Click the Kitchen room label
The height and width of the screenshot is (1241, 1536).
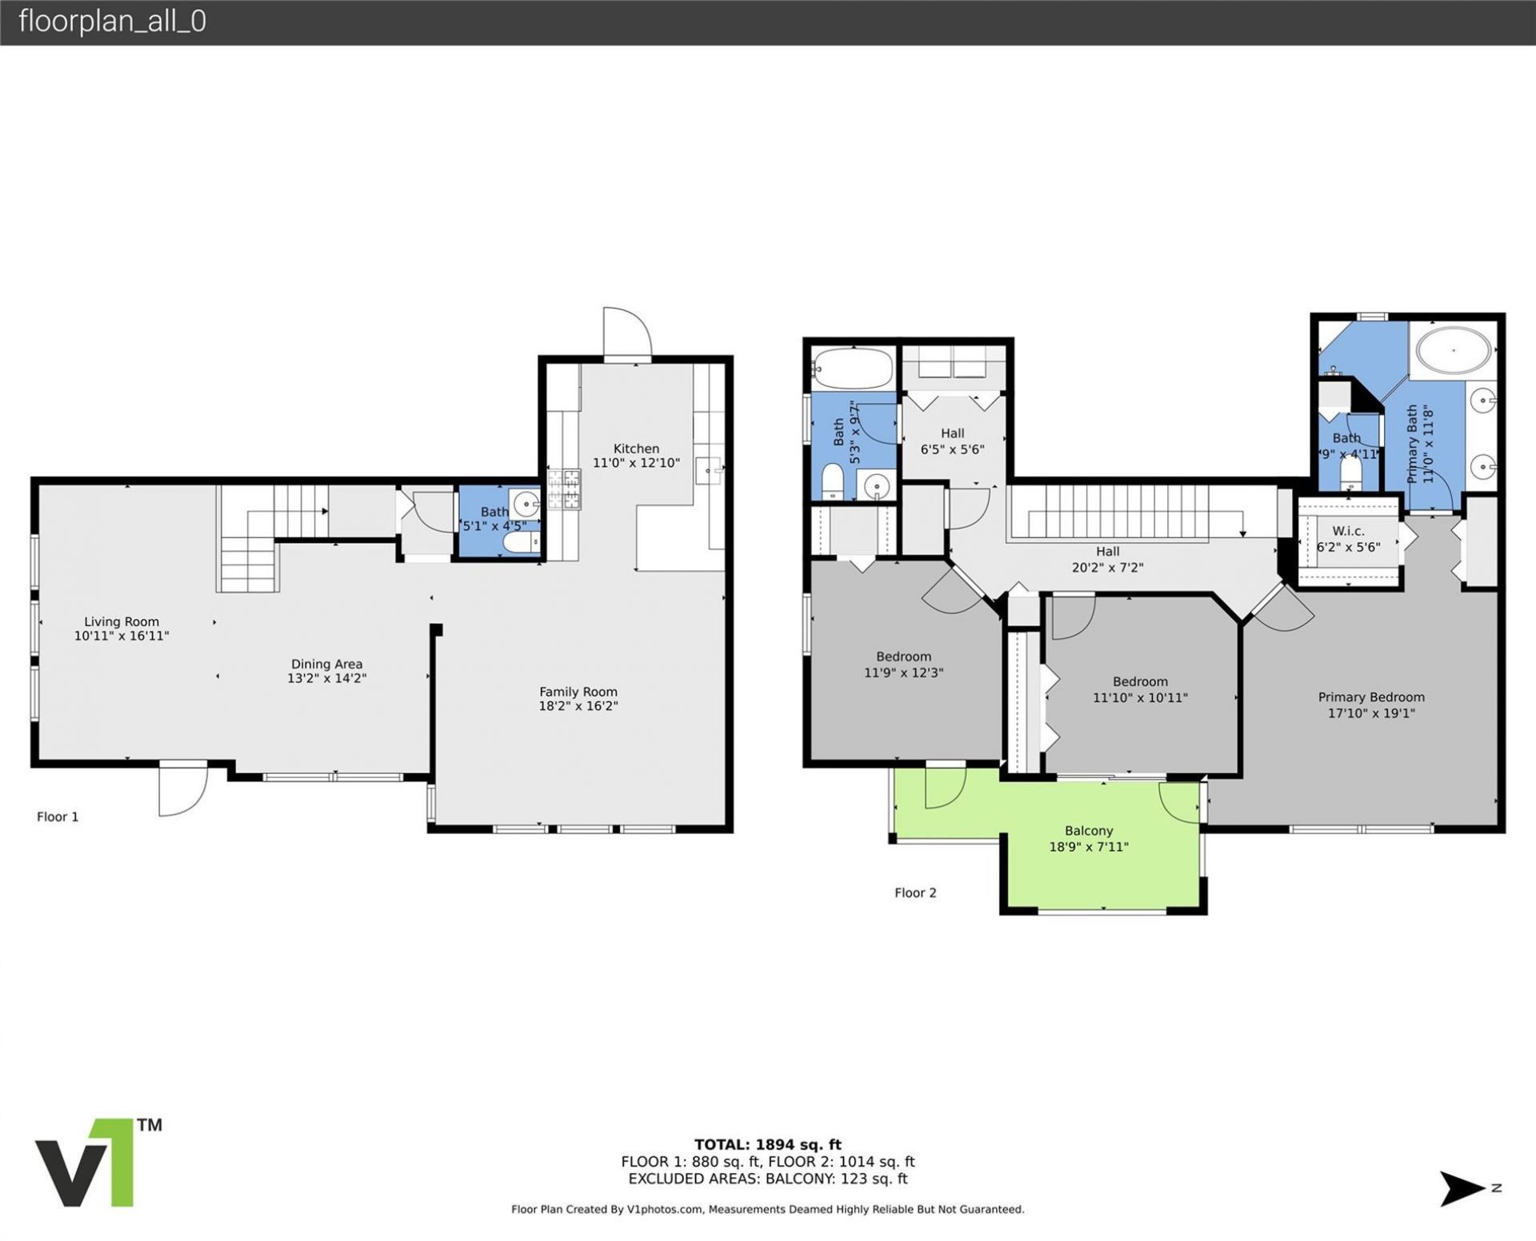636,449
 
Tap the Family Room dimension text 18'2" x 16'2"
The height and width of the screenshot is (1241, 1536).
578,706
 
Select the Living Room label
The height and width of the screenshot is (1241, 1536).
122,621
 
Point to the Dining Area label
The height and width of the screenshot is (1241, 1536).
326,664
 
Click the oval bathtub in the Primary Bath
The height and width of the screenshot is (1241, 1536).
1454,350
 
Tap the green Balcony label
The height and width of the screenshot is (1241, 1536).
1088,831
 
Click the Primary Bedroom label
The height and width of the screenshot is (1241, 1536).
1370,697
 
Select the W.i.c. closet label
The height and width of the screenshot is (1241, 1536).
1348,531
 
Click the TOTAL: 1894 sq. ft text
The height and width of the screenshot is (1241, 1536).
767,1144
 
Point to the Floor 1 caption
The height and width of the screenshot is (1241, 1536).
58,816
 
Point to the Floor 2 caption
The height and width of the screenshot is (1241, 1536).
914,892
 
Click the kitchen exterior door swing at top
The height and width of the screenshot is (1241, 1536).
626,331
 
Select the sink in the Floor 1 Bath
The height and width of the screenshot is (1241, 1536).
526,504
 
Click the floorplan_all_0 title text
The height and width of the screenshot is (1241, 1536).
112,22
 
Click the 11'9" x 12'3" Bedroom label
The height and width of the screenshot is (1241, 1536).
903,656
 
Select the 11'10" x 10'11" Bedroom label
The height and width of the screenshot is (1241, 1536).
1139,681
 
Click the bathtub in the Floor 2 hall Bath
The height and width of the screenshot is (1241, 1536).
853,368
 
